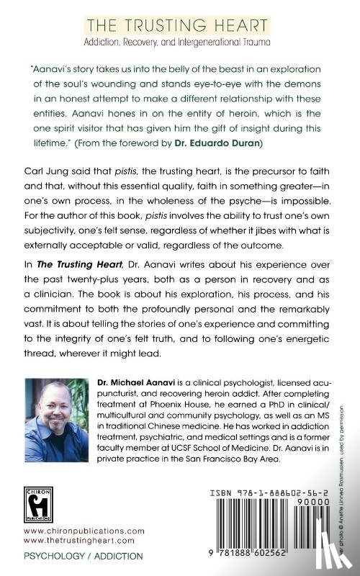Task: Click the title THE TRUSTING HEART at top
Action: point(179,27)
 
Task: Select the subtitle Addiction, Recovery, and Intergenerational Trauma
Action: point(179,42)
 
